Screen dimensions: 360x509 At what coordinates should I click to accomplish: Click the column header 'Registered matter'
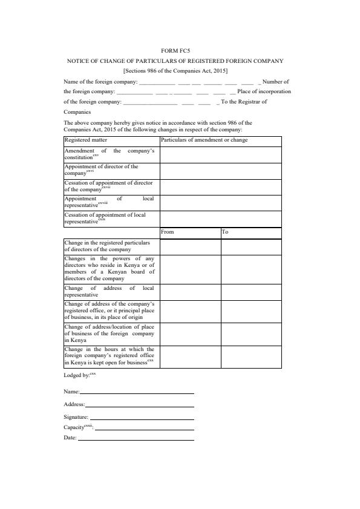pyautogui.click(x=86, y=140)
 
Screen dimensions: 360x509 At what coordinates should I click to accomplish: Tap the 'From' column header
pyautogui.click(x=168, y=232)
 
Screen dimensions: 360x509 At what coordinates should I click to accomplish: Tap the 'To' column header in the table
pyautogui.click(x=225, y=232)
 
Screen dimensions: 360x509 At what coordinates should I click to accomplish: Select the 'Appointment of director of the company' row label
pyautogui.click(x=101, y=169)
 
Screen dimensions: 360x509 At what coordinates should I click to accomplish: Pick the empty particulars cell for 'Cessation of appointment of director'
pyautogui.click(x=220, y=186)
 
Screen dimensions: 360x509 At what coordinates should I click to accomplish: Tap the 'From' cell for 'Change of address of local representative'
pyautogui.click(x=190, y=292)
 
